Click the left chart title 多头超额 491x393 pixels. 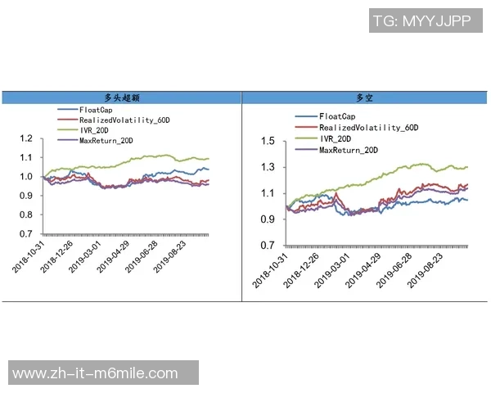(121, 97)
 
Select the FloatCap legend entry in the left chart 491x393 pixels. (96, 110)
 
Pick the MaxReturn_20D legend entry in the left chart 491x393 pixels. (106, 139)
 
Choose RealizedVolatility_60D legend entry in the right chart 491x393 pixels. (368, 128)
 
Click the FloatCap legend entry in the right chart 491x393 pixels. (337, 117)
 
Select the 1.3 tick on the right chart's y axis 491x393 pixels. (267, 168)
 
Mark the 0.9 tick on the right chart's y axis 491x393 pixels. (267, 219)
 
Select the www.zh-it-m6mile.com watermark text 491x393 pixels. (95, 373)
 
